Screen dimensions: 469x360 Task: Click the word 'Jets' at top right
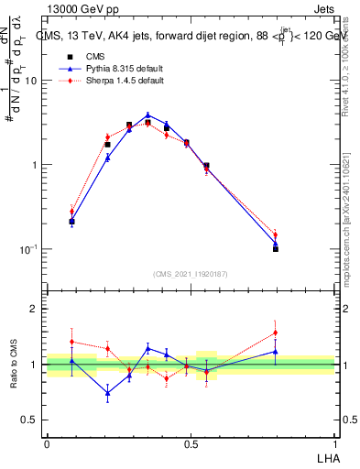click(323, 10)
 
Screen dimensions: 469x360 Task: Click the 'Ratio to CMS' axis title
click(14, 365)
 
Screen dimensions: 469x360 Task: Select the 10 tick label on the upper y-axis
click(31, 81)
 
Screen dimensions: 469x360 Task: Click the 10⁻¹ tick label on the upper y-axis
click(29, 249)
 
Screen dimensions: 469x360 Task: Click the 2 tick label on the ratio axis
click(35, 309)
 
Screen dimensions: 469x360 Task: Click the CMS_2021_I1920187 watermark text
click(190, 273)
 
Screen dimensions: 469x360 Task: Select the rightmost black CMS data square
click(276, 248)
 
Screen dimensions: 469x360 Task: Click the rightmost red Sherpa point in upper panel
click(276, 234)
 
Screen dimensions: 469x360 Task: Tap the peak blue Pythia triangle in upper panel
click(147, 115)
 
